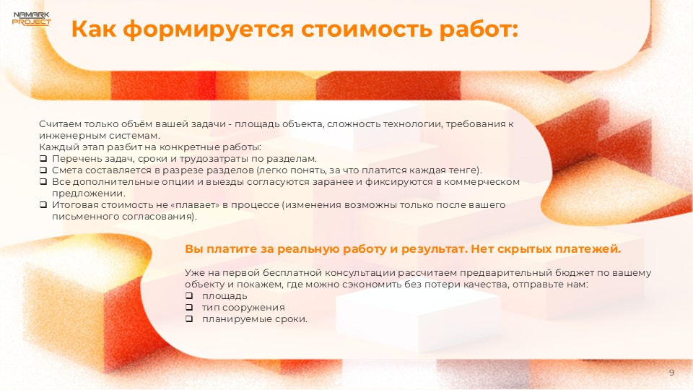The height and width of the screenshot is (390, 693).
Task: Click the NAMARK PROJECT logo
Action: click(32, 18)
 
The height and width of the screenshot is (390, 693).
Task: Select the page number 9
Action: click(671, 372)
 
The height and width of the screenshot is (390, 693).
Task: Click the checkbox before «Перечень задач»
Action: click(43, 159)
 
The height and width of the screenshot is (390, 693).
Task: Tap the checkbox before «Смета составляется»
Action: click(43, 170)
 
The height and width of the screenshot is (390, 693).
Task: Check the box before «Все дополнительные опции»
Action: click(43, 182)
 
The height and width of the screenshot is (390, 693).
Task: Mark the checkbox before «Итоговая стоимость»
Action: click(43, 205)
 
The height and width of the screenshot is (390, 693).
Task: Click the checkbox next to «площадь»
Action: click(189, 296)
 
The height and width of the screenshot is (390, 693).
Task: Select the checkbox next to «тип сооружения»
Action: click(189, 308)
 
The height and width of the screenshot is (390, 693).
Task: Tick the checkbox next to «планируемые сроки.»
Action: click(189, 319)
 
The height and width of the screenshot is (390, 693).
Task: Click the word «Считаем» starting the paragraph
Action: click(56, 124)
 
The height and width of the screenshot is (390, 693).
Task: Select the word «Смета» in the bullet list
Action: click(65, 170)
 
